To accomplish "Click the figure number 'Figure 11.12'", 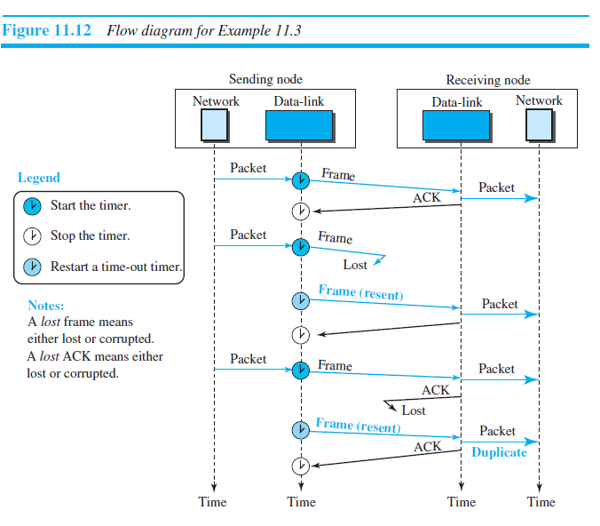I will pos(49,31).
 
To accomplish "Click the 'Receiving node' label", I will pos(487,80).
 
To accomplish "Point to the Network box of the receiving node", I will pos(539,126).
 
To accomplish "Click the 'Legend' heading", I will pos(39,178).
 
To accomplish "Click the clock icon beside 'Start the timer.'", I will pos(32,206).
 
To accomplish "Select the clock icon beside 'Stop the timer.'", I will pos(32,236).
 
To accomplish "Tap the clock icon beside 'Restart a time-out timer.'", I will pos(32,267).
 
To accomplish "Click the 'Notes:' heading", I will pos(45,306).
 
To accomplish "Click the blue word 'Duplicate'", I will pos(499,452).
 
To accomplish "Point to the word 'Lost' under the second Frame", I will pos(355,265).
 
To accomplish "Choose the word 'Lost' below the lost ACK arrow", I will pos(414,410).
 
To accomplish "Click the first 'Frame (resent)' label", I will pos(360,291).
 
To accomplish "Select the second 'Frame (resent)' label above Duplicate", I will pos(358,425).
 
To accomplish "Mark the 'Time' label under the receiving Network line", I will pos(541,502).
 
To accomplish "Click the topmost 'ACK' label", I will pos(427,198).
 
